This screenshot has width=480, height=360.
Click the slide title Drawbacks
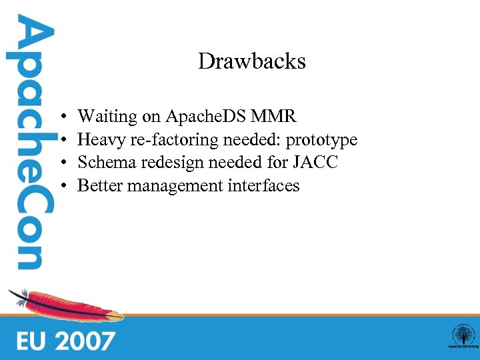coord(251,62)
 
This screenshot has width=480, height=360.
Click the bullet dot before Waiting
coord(61,118)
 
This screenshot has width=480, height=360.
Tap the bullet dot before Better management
coord(61,186)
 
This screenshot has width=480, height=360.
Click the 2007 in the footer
coord(84,341)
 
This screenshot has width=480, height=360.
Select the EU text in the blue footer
coord(32,341)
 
